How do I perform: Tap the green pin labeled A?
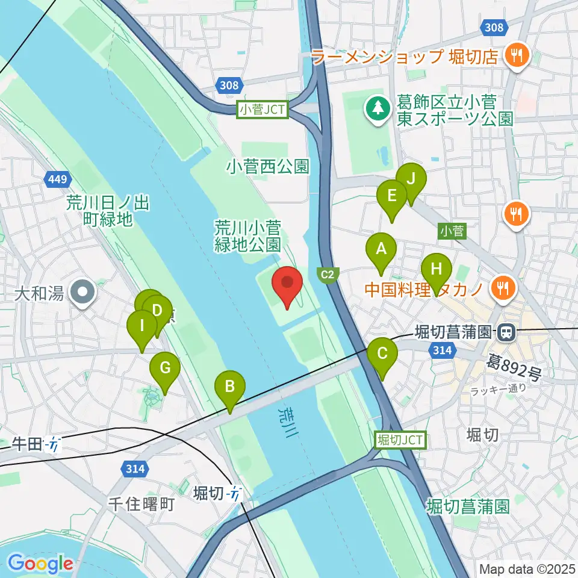(381, 249)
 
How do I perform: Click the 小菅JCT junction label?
(264, 110)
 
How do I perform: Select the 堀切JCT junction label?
(400, 440)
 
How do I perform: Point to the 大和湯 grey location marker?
(82, 293)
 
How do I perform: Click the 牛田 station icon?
(54, 444)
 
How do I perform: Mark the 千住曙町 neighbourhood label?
(141, 504)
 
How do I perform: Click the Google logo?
(40, 564)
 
